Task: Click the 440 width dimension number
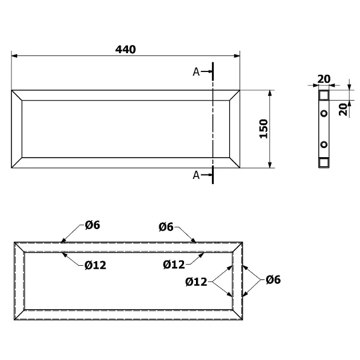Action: pyautogui.click(x=125, y=49)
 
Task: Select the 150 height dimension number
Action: pyautogui.click(x=263, y=129)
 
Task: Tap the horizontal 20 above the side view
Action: pyautogui.click(x=324, y=79)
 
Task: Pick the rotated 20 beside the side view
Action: pyautogui.click(x=343, y=110)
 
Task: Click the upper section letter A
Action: pyautogui.click(x=196, y=72)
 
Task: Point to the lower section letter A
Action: pyautogui.click(x=196, y=175)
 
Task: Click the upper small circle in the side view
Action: pyautogui.click(x=324, y=113)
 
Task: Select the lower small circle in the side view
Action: pyautogui.click(x=324, y=145)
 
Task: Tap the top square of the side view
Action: pyautogui.click(x=324, y=95)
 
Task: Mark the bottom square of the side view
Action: pyautogui.click(x=324, y=162)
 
